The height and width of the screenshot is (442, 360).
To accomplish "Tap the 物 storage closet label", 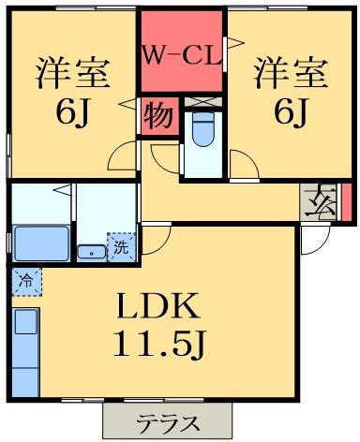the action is tap(158, 116).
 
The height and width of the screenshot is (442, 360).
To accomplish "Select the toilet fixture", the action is tap(203, 129).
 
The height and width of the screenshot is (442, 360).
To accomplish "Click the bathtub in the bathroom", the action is tap(41, 243).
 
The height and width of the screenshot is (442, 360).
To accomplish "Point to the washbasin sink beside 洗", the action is tap(92, 252).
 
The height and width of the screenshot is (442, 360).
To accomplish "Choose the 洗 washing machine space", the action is tap(122, 247).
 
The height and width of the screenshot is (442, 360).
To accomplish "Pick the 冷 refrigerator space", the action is tap(26, 282).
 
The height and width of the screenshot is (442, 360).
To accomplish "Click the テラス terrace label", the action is tap(168, 423).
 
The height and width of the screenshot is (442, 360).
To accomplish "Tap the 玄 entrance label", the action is tap(320, 201).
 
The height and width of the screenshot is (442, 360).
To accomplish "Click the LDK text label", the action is tap(158, 306).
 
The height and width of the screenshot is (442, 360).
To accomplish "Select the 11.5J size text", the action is tap(159, 344).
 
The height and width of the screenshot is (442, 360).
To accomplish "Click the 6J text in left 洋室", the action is tap(73, 111).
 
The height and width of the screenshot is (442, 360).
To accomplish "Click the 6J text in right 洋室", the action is tap(291, 111).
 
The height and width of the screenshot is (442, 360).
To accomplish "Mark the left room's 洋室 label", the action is tap(73, 73).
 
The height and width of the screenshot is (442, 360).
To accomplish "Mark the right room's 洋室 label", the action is tap(292, 73).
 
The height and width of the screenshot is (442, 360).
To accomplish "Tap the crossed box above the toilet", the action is tap(203, 102).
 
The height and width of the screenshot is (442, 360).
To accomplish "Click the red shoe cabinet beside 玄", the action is tap(346, 202).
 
